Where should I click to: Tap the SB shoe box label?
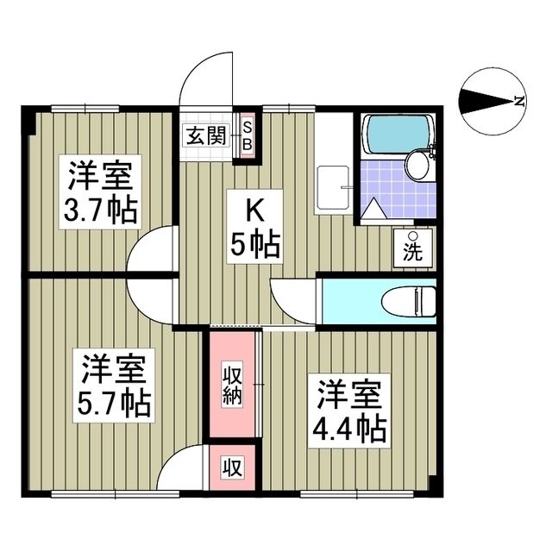[x=246, y=136]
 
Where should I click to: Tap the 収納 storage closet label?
[x=232, y=385]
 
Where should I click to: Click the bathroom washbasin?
[x=417, y=165]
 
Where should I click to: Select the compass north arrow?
[x=488, y=102]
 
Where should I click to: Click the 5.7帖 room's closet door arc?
[x=185, y=470]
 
